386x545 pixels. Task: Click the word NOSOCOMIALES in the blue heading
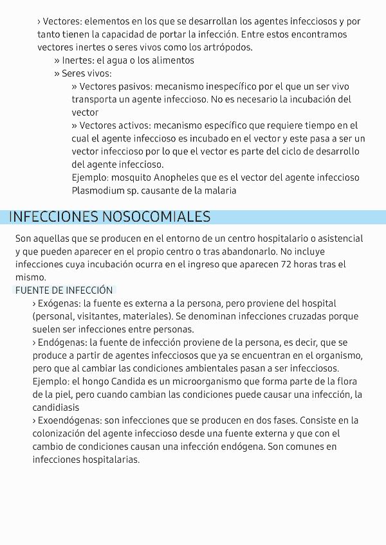coord(156,217)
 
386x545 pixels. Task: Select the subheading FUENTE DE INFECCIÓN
coord(64,290)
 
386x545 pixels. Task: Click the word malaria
coord(221,190)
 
